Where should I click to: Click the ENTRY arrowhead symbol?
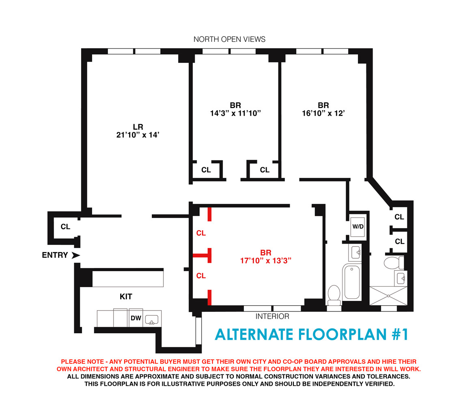75,255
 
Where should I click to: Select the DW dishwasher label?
136,318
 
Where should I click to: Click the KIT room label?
126,297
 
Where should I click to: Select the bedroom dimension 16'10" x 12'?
323,113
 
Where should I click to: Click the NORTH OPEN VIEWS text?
229,39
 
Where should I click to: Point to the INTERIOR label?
272,316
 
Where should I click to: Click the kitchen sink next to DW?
152,320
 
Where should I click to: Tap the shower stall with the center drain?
388,295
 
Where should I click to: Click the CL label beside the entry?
65,227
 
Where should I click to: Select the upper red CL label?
201,233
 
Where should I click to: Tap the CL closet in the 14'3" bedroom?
206,170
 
